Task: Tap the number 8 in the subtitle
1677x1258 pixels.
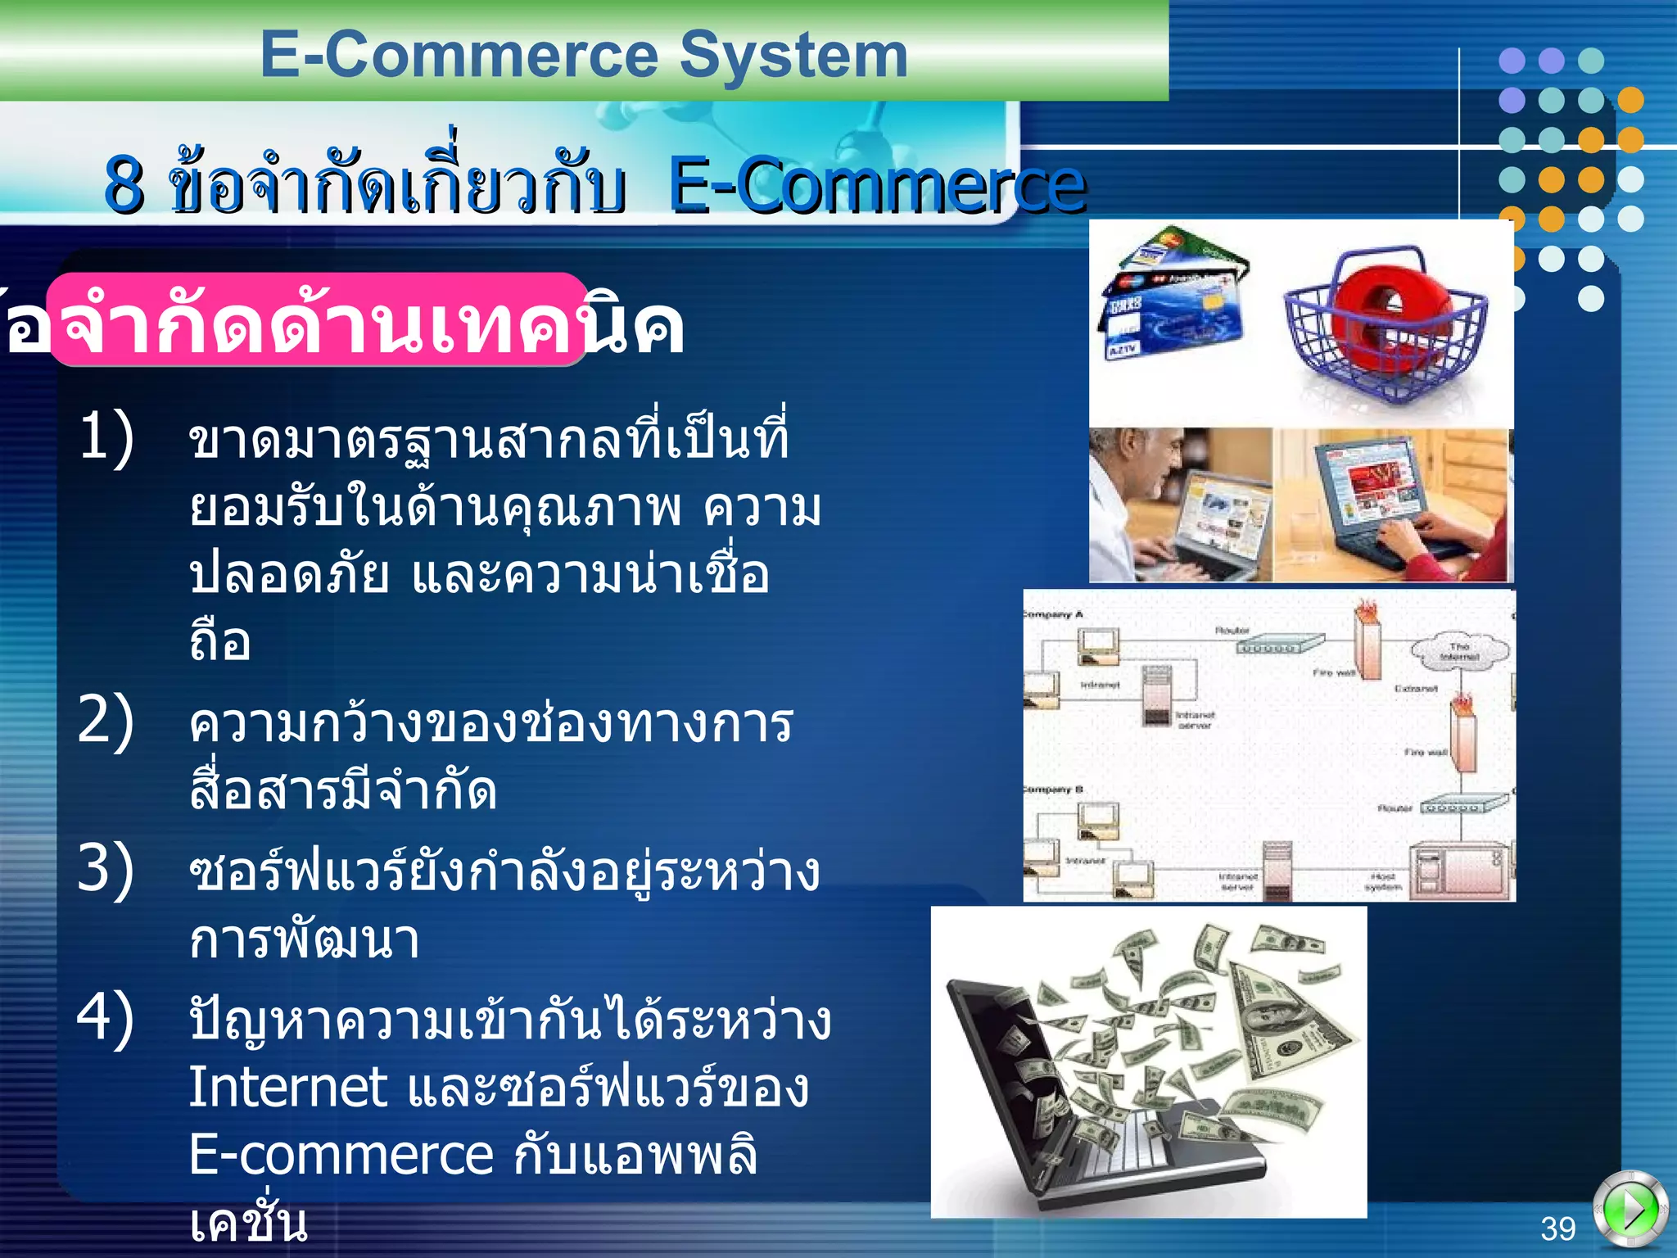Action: [124, 185]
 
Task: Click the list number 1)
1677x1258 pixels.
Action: [106, 437]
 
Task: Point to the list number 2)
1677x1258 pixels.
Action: [106, 720]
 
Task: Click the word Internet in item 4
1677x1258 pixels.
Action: [287, 1088]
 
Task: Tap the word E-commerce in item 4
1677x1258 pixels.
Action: [341, 1155]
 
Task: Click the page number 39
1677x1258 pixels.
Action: [1557, 1229]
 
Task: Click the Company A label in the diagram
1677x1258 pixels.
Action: [1054, 614]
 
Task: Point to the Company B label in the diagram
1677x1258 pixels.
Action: [1054, 790]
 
